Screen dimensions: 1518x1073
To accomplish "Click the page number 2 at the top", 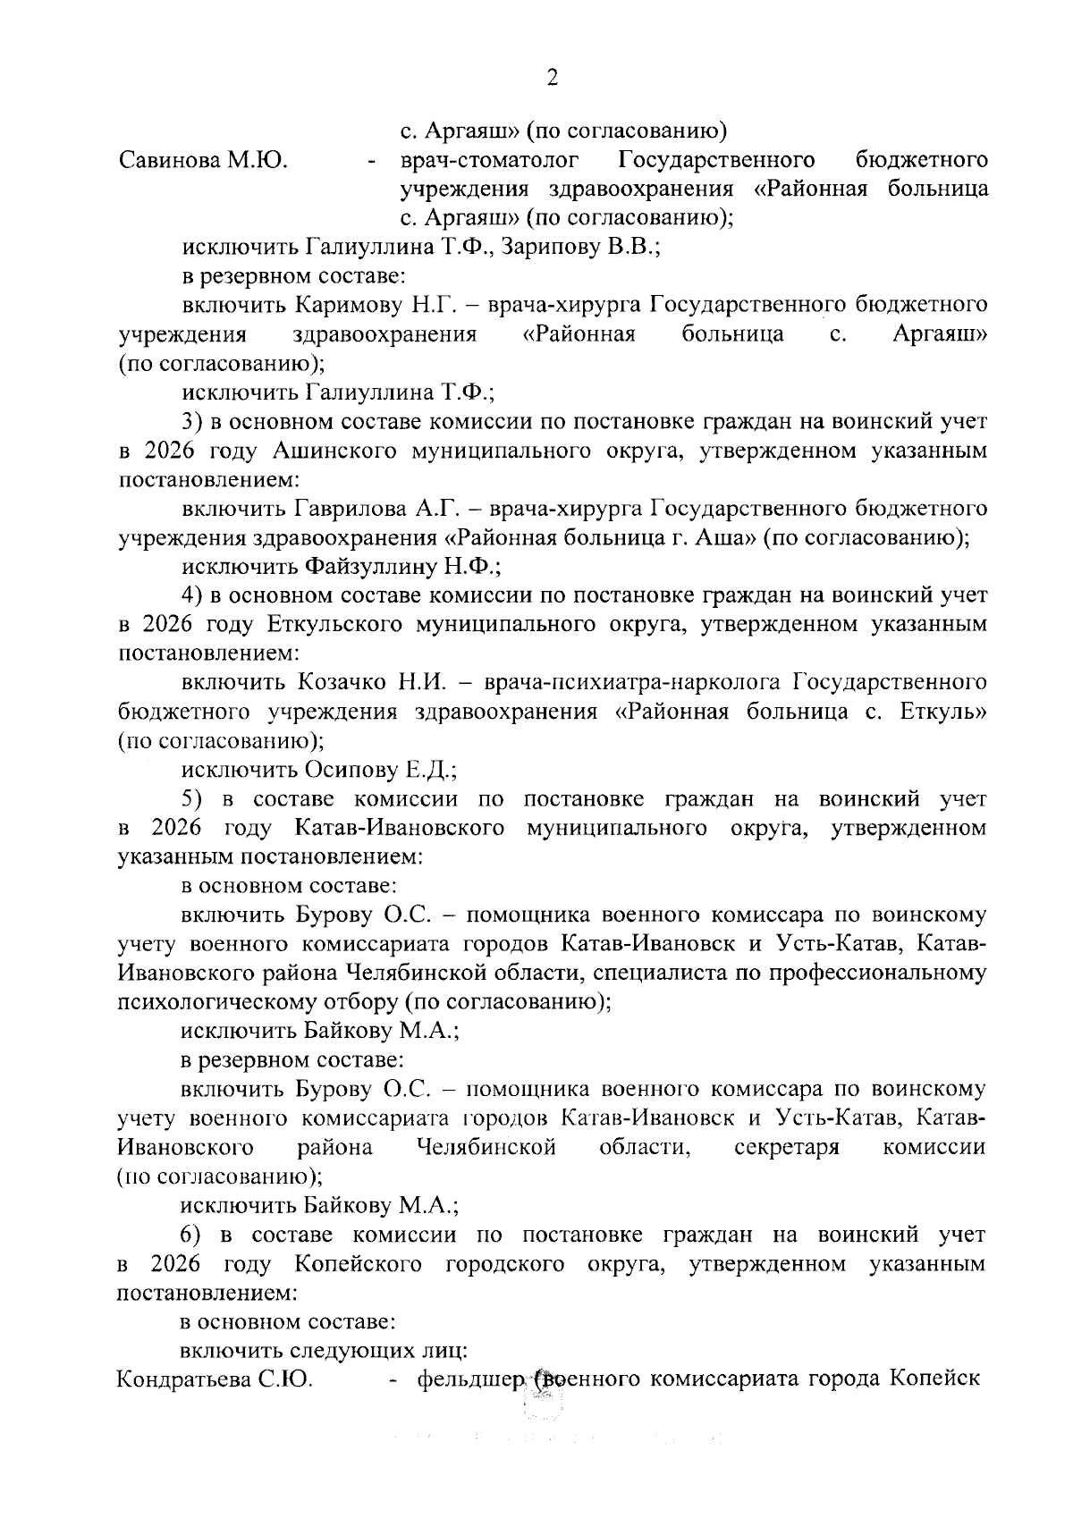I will [552, 79].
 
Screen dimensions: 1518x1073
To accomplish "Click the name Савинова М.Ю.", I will [202, 161].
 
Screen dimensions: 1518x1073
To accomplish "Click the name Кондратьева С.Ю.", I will [215, 1380].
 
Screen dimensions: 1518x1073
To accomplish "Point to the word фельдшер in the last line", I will [469, 1380].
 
